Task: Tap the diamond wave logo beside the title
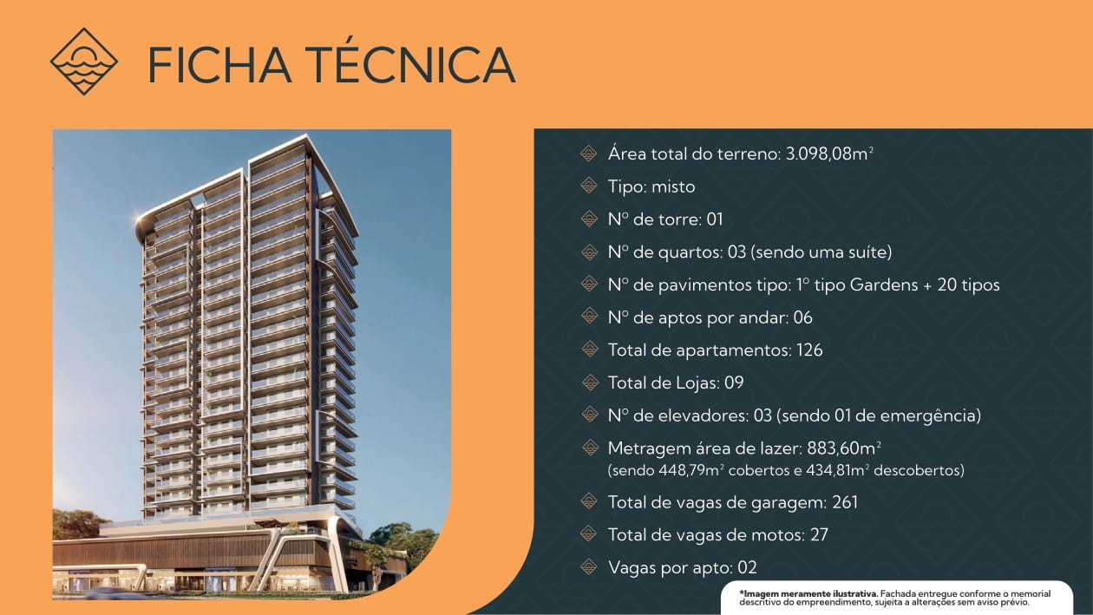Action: tap(83, 62)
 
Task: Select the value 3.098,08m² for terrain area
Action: tap(828, 154)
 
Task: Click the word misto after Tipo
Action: tap(675, 186)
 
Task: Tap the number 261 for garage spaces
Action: tap(844, 502)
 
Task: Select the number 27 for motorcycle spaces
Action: tap(819, 535)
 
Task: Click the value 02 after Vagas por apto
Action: tap(747, 568)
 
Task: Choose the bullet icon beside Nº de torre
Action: tap(589, 219)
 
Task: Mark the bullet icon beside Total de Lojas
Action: tap(589, 383)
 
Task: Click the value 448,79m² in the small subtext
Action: tap(688, 471)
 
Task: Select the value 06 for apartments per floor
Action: tap(802, 317)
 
